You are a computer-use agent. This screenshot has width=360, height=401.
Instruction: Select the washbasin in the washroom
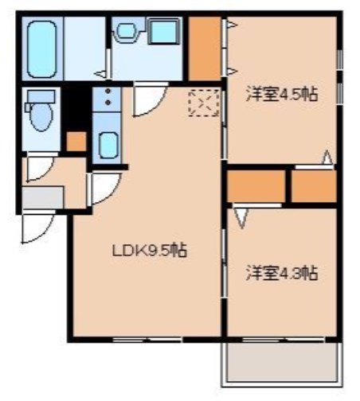127,32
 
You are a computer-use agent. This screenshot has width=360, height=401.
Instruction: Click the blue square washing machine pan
164,33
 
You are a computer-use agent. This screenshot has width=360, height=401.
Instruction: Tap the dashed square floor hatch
202,103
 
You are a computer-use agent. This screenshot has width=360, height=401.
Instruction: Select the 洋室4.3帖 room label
280,273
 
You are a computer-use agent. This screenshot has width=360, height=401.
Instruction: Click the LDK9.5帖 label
148,251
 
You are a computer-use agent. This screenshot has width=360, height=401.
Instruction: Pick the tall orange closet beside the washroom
205,48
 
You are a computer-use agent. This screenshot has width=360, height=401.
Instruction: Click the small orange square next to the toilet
76,142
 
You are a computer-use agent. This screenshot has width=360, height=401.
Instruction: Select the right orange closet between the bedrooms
313,186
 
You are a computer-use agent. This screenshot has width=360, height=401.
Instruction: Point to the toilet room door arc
37,168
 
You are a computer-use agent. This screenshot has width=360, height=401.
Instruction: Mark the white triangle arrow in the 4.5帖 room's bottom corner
327,158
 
